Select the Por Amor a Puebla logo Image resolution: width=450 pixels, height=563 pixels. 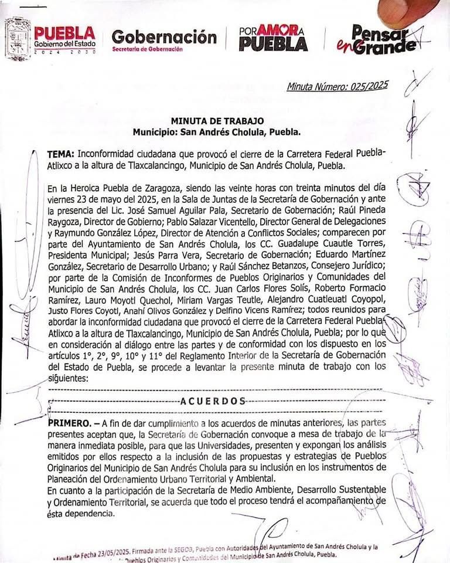[x=273, y=38]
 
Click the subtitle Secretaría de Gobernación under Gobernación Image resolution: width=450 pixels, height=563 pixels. [x=148, y=49]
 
